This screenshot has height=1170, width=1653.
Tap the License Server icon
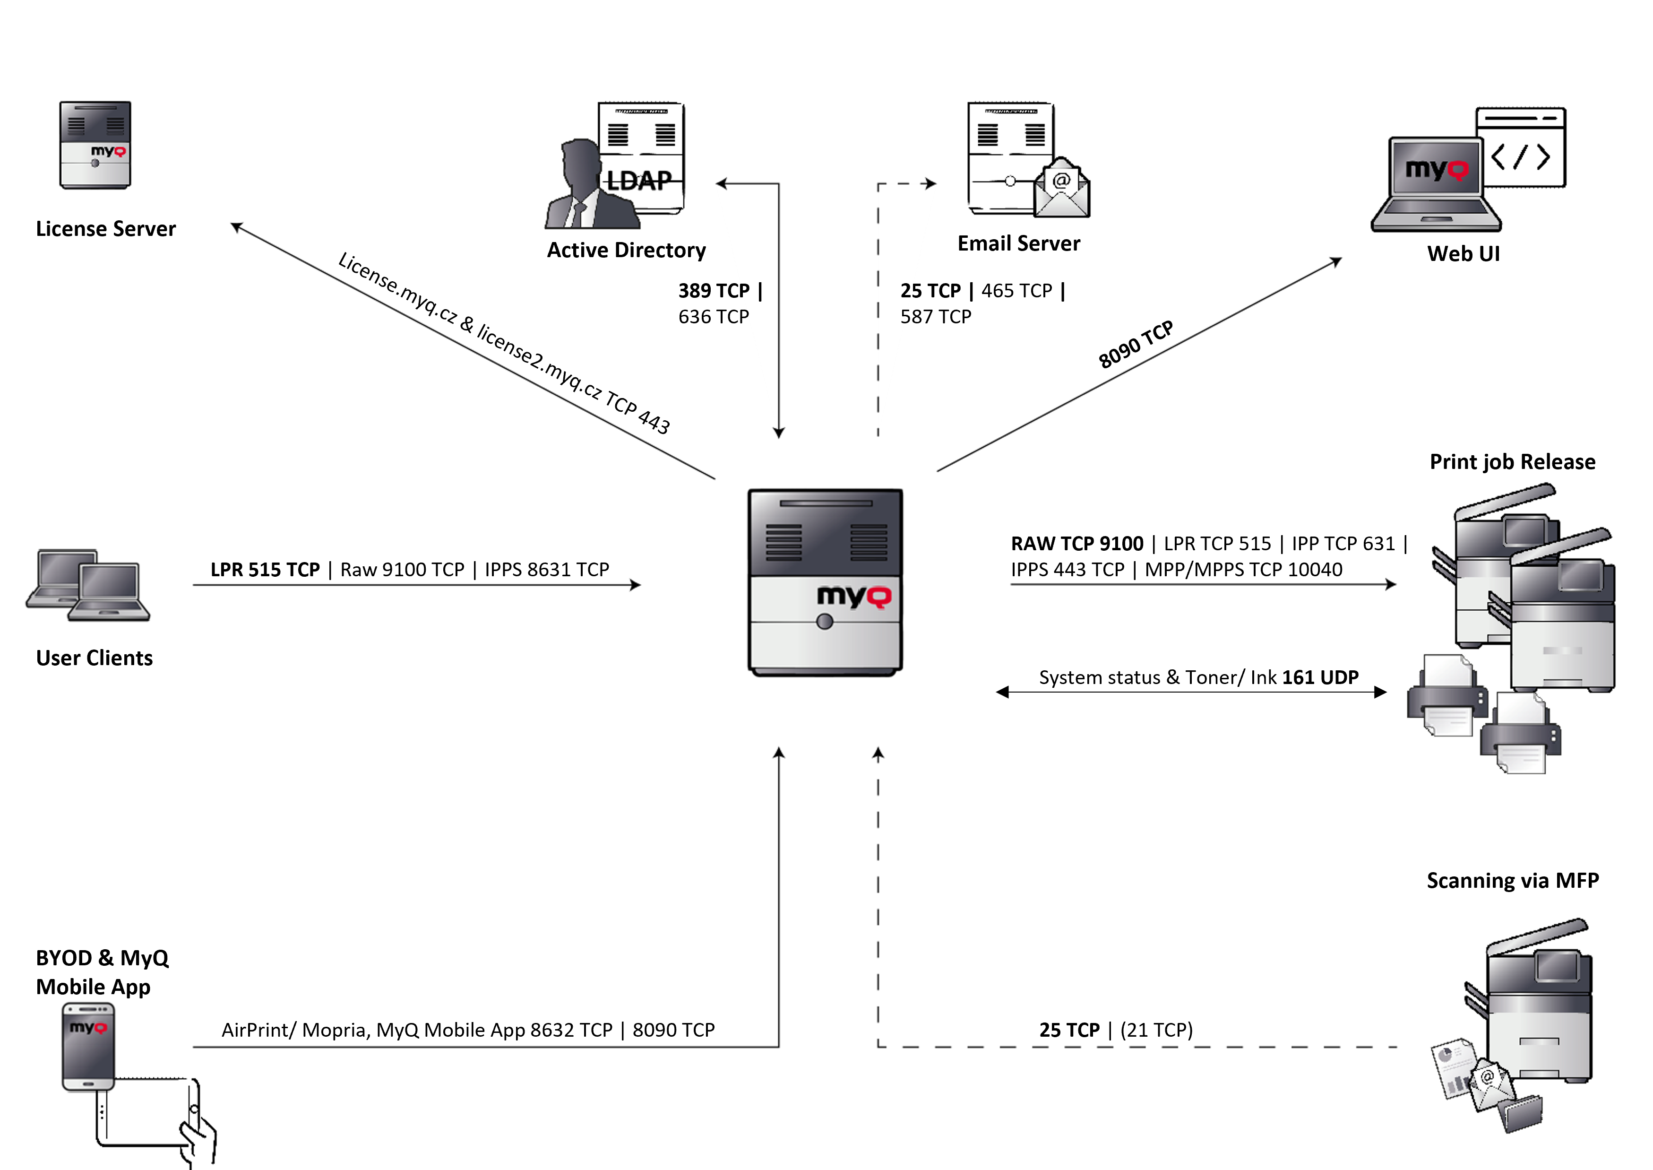[95, 145]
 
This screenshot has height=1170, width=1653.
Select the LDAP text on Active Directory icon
[639, 180]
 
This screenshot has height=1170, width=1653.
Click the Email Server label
[1018, 243]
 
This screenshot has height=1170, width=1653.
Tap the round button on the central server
[825, 622]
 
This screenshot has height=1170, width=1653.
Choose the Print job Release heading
[1512, 462]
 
